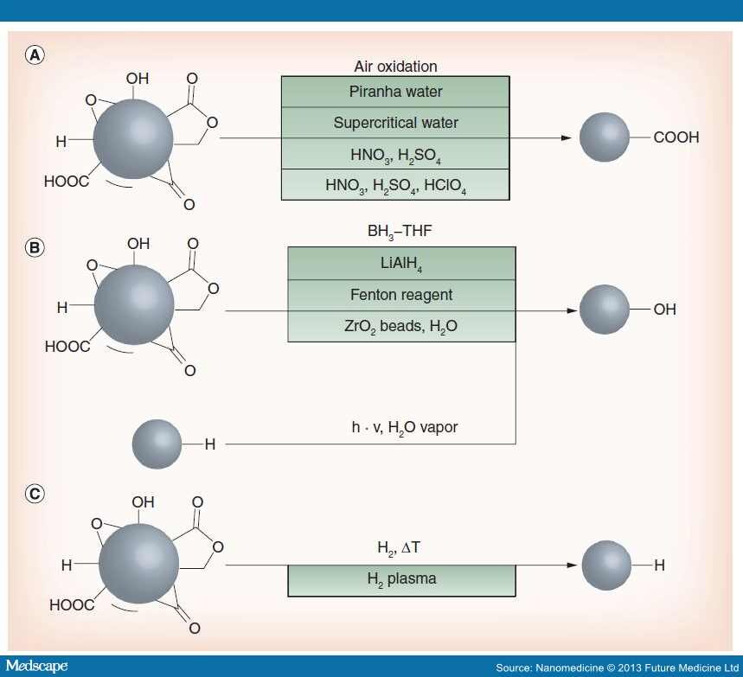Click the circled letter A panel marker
coord(35,55)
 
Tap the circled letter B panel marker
coord(35,248)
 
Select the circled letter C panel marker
coord(35,494)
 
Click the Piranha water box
coord(395,92)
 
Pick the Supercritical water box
coord(395,123)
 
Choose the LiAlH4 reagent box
coord(401,264)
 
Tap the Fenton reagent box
coord(401,295)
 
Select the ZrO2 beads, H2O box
coord(401,327)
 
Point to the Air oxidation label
coord(395,67)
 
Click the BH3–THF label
coord(400,232)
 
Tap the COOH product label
coord(676,137)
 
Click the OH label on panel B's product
coord(664,310)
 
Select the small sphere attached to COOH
coord(604,137)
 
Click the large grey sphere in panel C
coord(139,563)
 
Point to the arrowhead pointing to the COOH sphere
coord(567,137)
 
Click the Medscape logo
coord(36,666)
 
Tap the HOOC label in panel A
coord(67,182)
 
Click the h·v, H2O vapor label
coord(405,427)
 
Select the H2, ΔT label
coord(399,548)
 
